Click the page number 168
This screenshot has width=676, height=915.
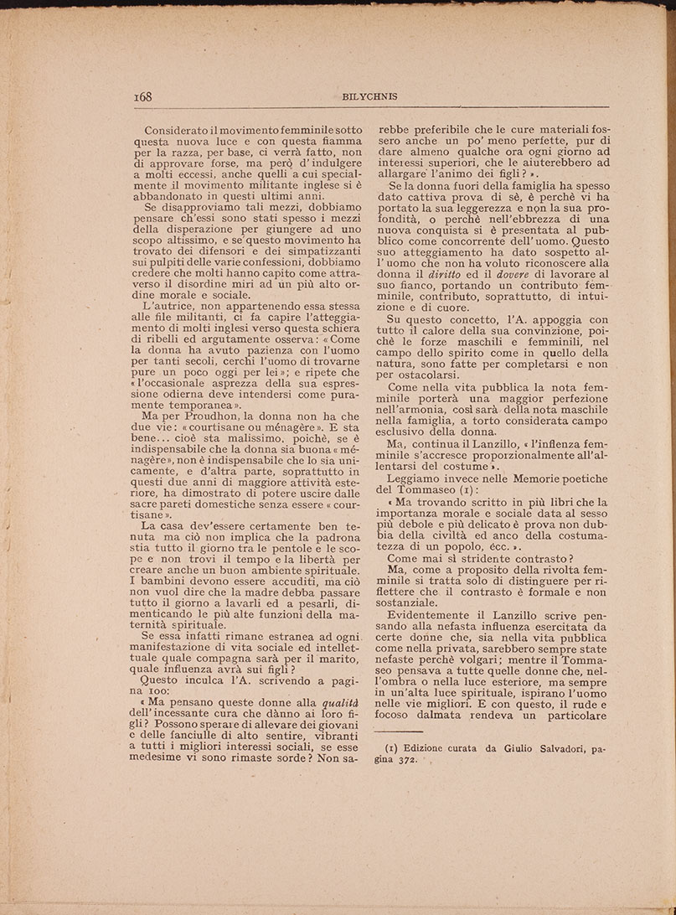pos(142,96)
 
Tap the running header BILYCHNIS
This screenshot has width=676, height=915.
pos(369,96)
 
